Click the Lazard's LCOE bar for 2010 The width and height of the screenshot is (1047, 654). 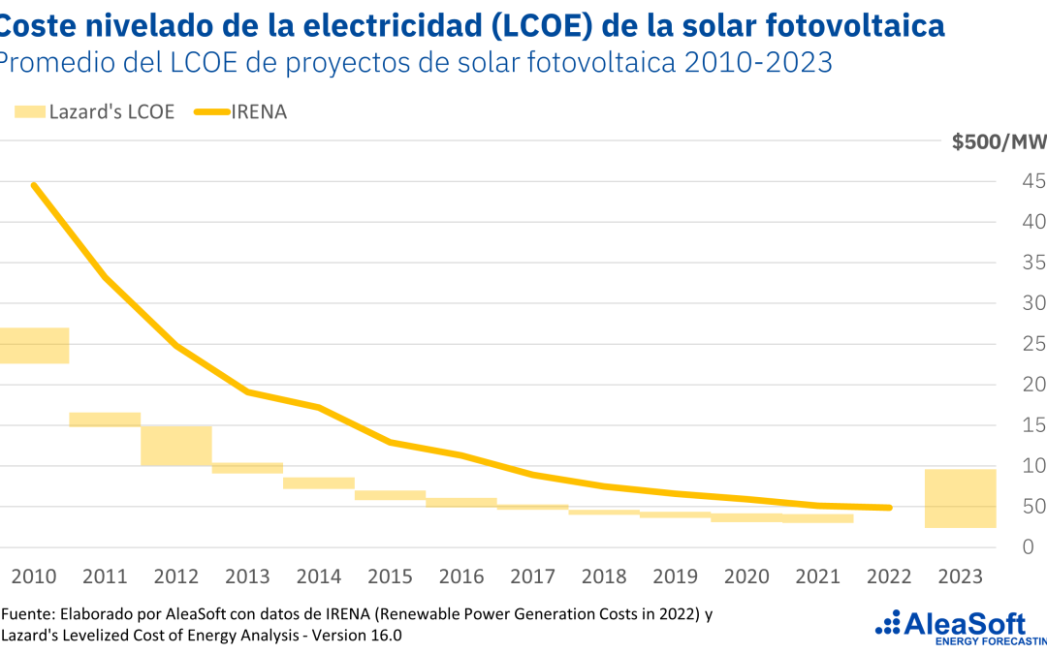pyautogui.click(x=35, y=346)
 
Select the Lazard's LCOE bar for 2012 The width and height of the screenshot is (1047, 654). pyautogui.click(x=176, y=446)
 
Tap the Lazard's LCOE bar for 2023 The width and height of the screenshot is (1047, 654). pyautogui.click(x=961, y=498)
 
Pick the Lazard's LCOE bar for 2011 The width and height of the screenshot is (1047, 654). pyautogui.click(x=105, y=420)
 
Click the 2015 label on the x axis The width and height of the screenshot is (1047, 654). pyautogui.click(x=390, y=576)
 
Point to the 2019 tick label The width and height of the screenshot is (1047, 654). pyautogui.click(x=675, y=576)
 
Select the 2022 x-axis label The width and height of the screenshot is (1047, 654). pyautogui.click(x=889, y=576)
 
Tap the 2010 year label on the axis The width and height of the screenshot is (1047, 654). pyautogui.click(x=33, y=576)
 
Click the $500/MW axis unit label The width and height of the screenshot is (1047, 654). pyautogui.click(x=999, y=143)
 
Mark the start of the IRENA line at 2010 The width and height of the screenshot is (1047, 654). pyautogui.click(x=34, y=184)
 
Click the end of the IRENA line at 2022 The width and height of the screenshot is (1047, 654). pyautogui.click(x=889, y=507)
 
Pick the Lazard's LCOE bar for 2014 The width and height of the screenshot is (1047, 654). pyautogui.click(x=319, y=483)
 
